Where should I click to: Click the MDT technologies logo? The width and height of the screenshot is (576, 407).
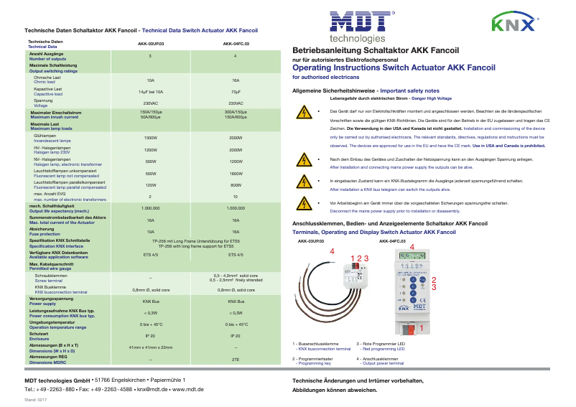click(357, 25)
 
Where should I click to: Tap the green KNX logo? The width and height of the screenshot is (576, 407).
click(512, 24)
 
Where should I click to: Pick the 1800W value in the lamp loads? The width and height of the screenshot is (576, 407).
click(235, 174)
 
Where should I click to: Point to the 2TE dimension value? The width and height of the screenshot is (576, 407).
click(235, 359)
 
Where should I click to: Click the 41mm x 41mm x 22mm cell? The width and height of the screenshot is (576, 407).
click(151, 347)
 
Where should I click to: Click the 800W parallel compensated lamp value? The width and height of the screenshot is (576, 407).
click(235, 185)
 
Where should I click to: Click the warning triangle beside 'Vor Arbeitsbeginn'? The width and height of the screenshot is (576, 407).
click(304, 205)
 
